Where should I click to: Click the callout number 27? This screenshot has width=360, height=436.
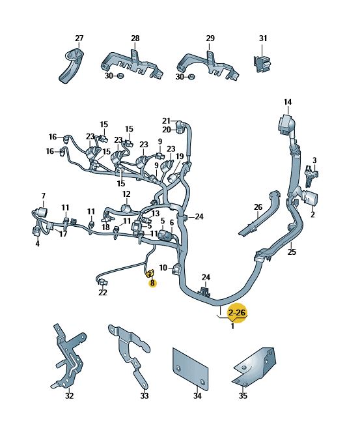pyautogui.click(x=79, y=38)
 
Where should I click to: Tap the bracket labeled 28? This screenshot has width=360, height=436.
pyautogui.click(x=131, y=65)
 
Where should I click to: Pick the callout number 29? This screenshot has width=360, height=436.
pyautogui.click(x=210, y=38)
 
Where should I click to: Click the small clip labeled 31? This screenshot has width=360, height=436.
pyautogui.click(x=262, y=64)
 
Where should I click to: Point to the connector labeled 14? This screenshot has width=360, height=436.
pyautogui.click(x=286, y=124)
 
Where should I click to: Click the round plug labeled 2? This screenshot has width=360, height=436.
pyautogui.click(x=311, y=199)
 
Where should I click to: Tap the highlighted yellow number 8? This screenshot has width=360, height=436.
pyautogui.click(x=152, y=283)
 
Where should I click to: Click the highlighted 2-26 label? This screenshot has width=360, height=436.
pyautogui.click(x=237, y=313)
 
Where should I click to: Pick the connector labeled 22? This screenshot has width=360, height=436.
pyautogui.click(x=102, y=282)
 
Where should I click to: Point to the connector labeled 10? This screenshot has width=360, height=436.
pyautogui.click(x=177, y=269)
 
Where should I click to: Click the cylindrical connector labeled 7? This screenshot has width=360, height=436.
pyautogui.click(x=42, y=212)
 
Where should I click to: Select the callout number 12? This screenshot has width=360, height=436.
pyautogui.click(x=126, y=194)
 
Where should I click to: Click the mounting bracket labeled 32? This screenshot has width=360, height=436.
pyautogui.click(x=68, y=356)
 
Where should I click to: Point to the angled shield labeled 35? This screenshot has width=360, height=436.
pyautogui.click(x=254, y=367)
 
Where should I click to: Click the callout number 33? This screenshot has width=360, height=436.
pyautogui.click(x=145, y=396)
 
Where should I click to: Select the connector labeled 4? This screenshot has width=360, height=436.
pyautogui.click(x=36, y=231)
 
